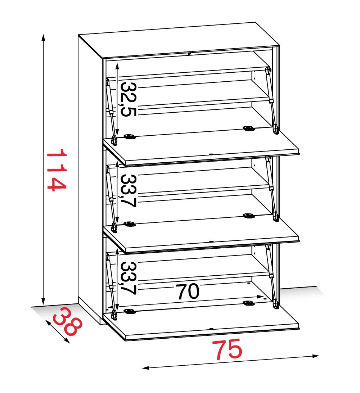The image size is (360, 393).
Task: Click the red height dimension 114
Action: (x=57, y=170)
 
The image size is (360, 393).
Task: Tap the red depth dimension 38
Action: (x=68, y=322)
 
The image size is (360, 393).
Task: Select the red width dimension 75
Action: (x=227, y=349)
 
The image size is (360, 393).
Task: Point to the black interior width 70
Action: (x=188, y=292)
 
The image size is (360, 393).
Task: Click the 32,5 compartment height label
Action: (x=129, y=99)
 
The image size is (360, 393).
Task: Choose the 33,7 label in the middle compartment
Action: (x=129, y=191)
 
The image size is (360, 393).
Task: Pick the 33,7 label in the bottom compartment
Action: (x=129, y=278)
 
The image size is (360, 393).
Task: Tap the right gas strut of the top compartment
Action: (x=272, y=100)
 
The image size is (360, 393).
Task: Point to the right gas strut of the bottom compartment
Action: (x=272, y=276)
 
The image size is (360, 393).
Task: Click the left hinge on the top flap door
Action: (x=130, y=137)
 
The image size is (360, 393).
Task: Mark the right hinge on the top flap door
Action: (x=249, y=128)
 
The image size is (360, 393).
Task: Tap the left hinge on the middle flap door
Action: (x=130, y=224)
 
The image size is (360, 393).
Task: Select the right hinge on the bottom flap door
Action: (x=249, y=303)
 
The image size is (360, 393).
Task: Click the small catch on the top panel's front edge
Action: (x=189, y=53)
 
